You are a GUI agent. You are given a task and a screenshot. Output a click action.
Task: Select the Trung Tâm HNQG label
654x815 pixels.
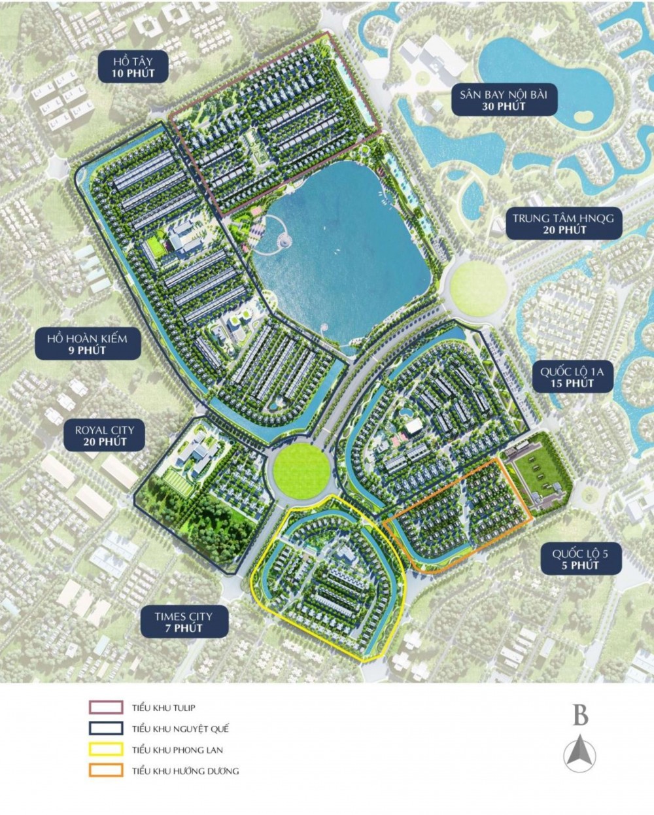(x=563, y=224)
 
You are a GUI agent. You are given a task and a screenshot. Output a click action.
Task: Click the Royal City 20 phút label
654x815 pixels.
(x=105, y=436)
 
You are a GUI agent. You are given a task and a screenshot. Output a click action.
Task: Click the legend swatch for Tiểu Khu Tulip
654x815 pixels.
(x=105, y=707)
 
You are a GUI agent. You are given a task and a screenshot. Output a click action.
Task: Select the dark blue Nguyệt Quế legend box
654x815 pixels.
(x=105, y=728)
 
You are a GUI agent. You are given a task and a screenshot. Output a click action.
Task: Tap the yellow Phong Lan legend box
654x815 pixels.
(x=105, y=750)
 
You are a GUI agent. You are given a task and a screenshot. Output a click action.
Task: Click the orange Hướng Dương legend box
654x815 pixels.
(x=105, y=771)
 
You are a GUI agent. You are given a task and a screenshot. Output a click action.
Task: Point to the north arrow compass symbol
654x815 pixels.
(x=579, y=752)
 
